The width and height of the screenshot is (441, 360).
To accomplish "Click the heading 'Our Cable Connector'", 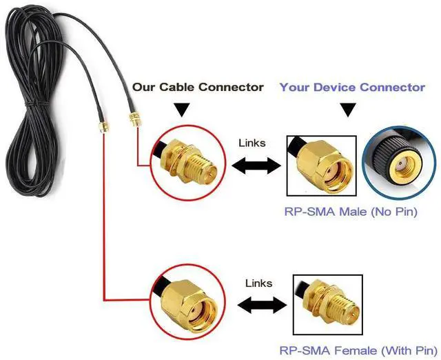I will tap(198, 87).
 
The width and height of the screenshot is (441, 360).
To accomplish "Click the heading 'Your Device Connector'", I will tap(352, 87).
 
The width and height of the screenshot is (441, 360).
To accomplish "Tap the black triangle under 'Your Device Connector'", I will tap(349, 109).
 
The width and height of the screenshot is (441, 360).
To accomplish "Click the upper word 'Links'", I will tap(252, 143).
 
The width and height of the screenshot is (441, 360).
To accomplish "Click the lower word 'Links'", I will tap(259, 283).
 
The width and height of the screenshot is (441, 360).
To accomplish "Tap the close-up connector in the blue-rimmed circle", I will tap(400, 163).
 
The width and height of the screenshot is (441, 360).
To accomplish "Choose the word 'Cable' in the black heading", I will tap(177, 87).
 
